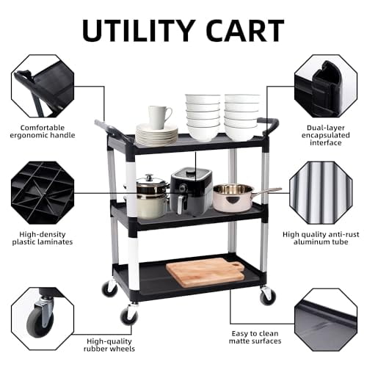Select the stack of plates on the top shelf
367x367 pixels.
click(x=156, y=135)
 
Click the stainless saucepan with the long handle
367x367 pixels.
click(x=235, y=197)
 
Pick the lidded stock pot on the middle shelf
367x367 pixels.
click(x=151, y=196)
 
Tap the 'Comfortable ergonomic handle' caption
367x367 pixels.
click(x=43, y=131)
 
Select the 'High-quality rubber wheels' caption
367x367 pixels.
click(x=110, y=345)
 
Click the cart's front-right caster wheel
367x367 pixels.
click(x=267, y=297)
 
